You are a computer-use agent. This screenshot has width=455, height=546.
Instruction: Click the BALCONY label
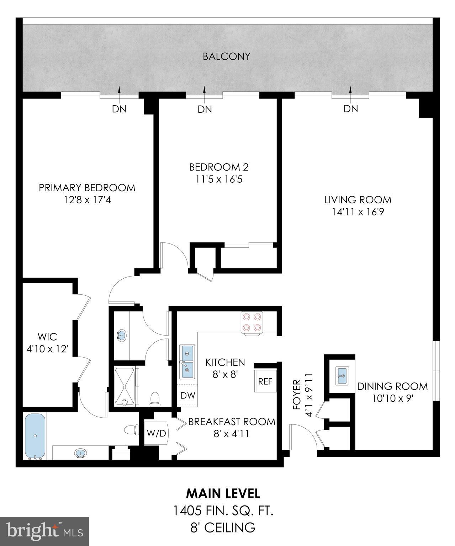pos(226,57)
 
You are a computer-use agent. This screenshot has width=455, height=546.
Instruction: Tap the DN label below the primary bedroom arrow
pos(119,109)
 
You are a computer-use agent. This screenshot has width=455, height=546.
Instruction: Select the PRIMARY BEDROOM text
pos(87,188)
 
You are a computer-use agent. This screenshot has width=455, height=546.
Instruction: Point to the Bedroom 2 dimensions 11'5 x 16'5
pos(219,179)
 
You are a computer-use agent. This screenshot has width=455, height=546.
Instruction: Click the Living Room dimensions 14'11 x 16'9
pos(358,212)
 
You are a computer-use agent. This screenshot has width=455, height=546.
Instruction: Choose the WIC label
pos(47,336)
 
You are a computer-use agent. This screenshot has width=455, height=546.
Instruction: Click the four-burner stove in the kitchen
pos(252,322)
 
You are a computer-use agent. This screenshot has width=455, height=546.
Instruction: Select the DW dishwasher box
pos(187,395)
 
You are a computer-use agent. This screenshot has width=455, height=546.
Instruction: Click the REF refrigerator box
pos(265,381)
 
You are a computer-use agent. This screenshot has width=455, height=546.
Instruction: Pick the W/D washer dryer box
pos(157,433)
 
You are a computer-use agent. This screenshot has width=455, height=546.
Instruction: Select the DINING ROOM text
pos(392,386)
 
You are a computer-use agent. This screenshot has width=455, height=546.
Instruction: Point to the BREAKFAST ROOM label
pos(232,422)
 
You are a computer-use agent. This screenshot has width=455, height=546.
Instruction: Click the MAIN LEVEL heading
pos(223,493)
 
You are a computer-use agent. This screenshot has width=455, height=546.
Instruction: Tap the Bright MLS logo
pos(44,531)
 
